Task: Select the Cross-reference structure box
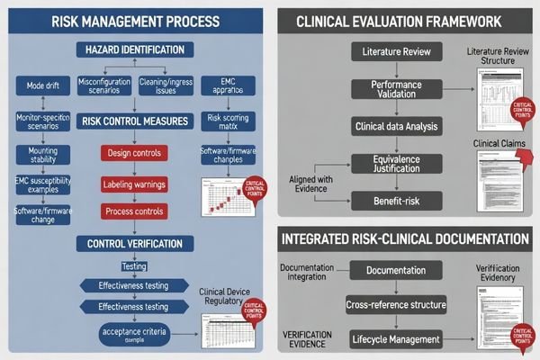396,306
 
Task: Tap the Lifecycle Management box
396,339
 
